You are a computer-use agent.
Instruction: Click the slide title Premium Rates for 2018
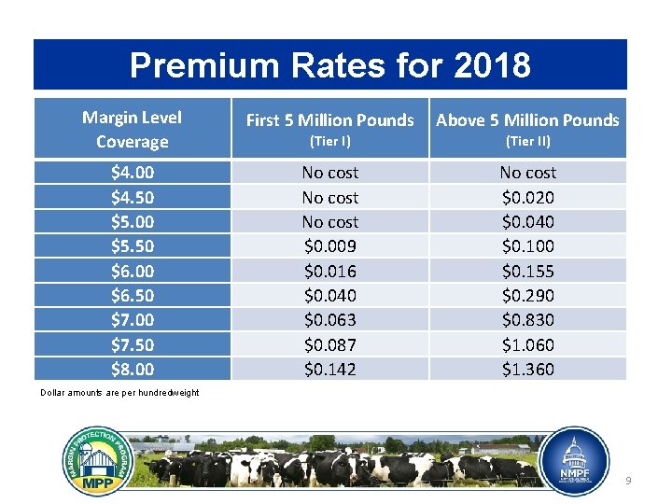(x=329, y=65)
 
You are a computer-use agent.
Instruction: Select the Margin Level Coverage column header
(x=132, y=130)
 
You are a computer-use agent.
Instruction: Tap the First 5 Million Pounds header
(x=329, y=119)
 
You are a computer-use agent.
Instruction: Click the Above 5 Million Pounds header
(x=527, y=119)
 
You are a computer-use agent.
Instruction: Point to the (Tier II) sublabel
(x=527, y=142)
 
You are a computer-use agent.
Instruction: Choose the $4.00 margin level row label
(x=132, y=173)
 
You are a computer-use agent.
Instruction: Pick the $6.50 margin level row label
(x=132, y=296)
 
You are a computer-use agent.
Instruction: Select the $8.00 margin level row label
(x=132, y=370)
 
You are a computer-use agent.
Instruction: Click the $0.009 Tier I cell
(x=329, y=246)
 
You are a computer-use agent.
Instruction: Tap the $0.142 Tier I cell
(x=329, y=370)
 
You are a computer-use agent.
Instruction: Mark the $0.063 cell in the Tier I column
(x=329, y=320)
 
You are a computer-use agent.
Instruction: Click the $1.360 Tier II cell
(x=527, y=370)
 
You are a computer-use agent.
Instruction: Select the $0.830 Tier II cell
(x=527, y=320)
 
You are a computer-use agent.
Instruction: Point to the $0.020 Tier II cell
(x=527, y=198)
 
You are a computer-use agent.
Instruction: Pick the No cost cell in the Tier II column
(x=527, y=173)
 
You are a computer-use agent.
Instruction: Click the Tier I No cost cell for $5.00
(x=329, y=222)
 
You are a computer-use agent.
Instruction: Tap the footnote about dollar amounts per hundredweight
(x=119, y=393)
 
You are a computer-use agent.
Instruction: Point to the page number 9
(x=628, y=480)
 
